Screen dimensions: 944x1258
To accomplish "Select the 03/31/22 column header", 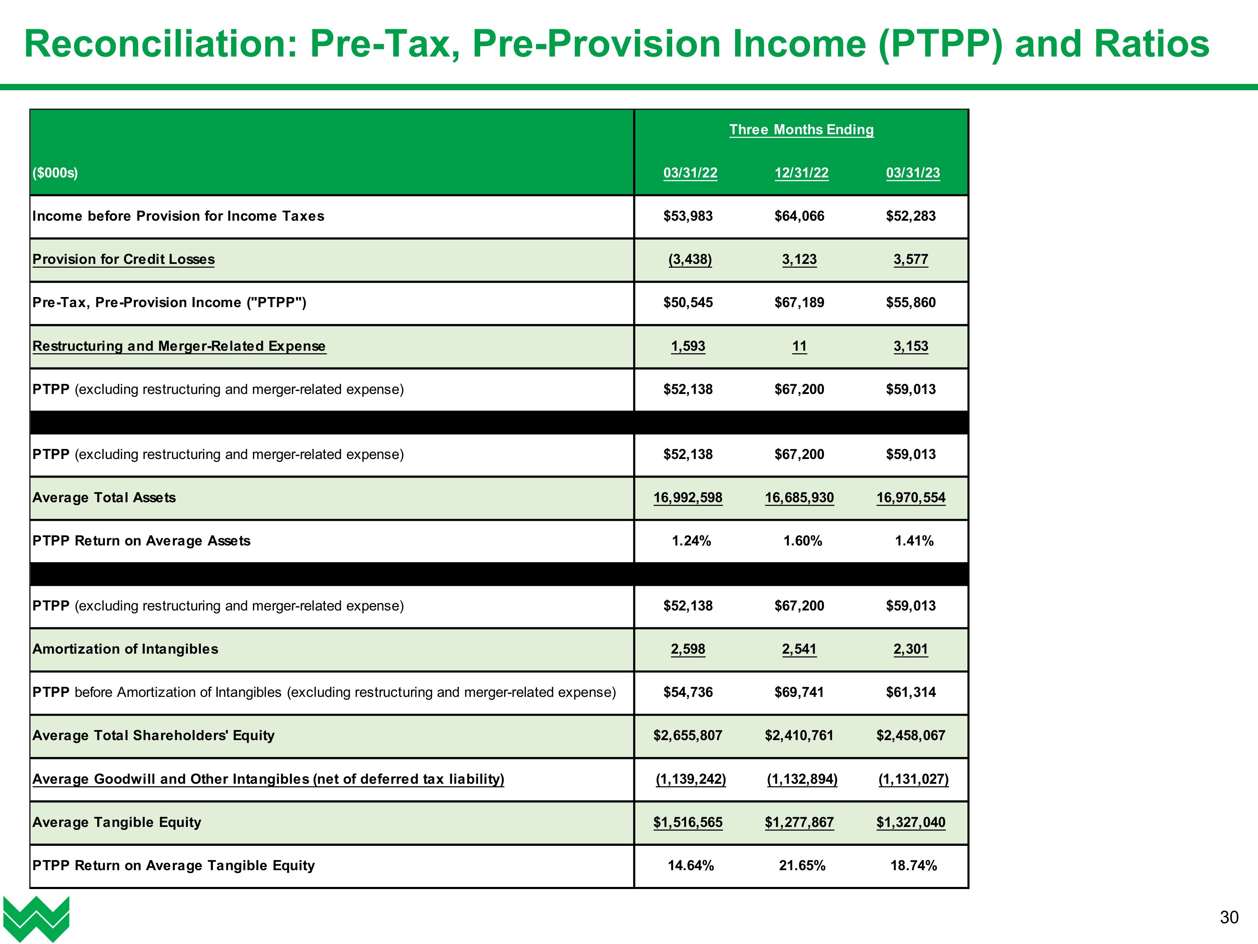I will (690, 173).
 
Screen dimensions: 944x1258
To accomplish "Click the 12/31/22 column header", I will (801, 173).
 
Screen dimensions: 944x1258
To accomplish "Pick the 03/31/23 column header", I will (913, 173).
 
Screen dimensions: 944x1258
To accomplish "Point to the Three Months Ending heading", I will (801, 130).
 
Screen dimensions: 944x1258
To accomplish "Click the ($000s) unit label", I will (55, 173).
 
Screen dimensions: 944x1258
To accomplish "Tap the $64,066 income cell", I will (799, 216).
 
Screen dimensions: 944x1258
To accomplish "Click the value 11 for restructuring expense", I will (799, 346).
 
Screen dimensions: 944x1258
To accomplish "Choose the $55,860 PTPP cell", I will (910, 303).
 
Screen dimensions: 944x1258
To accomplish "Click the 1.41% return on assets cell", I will (914, 541).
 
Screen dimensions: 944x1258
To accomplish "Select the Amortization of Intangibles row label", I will (125, 649).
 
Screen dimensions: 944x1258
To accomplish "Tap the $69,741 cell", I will (799, 693).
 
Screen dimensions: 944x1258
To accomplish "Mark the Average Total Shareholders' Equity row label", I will (153, 736).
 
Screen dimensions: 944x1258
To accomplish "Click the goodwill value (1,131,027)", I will (913, 779).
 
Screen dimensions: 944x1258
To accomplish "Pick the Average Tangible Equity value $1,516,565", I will (688, 822).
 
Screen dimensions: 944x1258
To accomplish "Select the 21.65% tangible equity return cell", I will (802, 866).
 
